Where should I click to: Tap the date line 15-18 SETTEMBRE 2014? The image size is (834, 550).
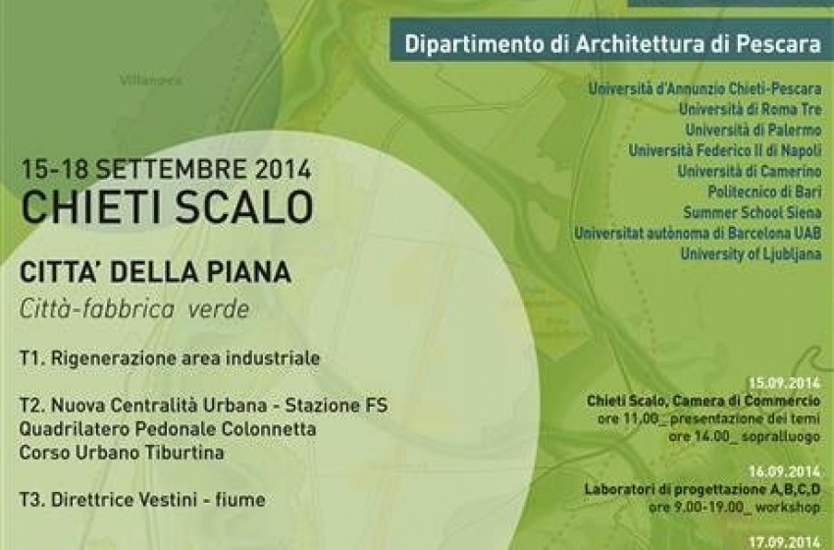pyautogui.click(x=166, y=168)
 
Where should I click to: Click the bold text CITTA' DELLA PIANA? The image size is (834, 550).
pyautogui.click(x=155, y=271)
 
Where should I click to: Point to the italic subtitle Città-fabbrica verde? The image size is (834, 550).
pyautogui.click(x=134, y=308)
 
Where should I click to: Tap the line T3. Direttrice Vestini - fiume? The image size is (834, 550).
pyautogui.click(x=141, y=500)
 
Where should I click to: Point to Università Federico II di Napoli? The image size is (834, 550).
pyautogui.click(x=725, y=150)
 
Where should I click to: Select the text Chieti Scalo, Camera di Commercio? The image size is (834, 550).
pyautogui.click(x=704, y=402)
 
